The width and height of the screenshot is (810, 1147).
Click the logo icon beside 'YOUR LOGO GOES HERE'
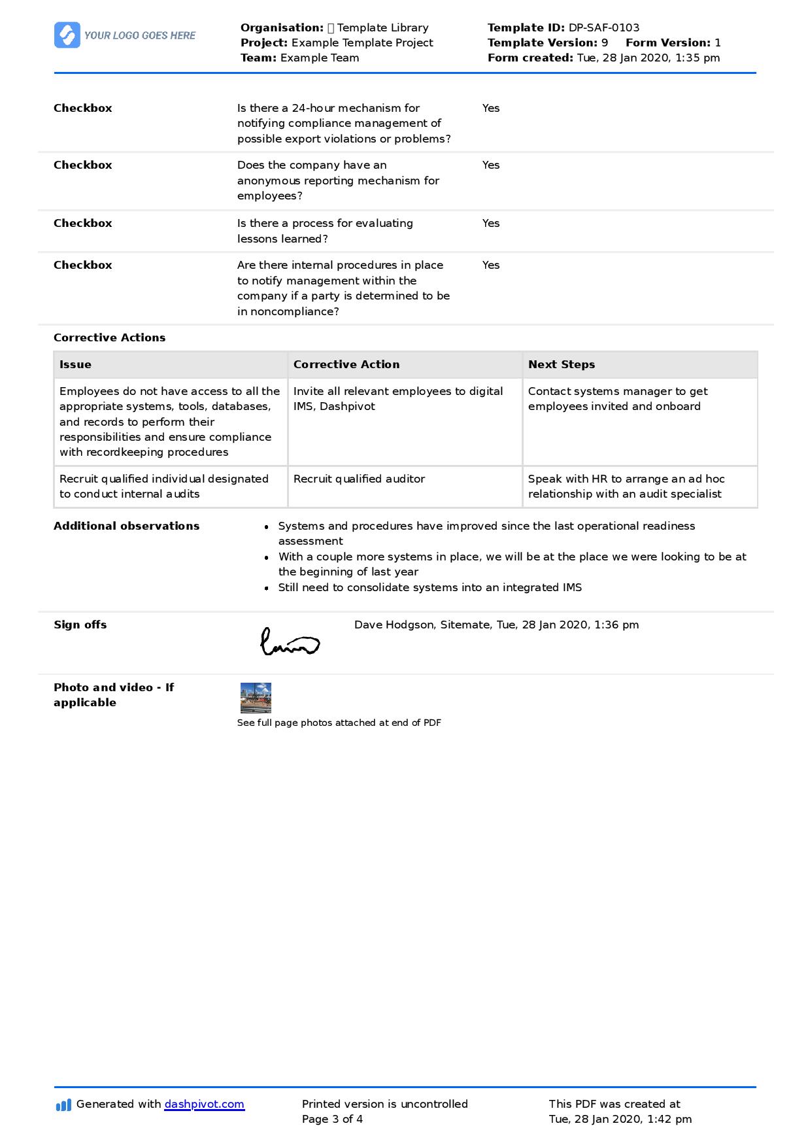67,35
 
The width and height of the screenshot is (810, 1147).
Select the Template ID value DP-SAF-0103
603,27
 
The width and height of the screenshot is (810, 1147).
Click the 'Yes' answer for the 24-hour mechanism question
491,108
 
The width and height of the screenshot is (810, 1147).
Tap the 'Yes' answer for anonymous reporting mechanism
491,165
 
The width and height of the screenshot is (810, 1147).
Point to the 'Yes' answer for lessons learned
491,223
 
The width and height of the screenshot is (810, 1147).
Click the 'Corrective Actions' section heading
109,337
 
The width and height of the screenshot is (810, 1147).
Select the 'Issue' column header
75,364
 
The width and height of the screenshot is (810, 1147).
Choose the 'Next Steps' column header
561,364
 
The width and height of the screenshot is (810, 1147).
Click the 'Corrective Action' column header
346,364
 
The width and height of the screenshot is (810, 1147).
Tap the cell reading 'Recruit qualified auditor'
359,479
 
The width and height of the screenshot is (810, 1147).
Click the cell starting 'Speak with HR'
626,487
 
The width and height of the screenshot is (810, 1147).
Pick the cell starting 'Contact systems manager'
617,399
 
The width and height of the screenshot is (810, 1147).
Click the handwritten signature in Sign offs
290,643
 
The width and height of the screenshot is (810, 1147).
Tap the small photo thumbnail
256,698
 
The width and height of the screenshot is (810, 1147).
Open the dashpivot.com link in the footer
204,1104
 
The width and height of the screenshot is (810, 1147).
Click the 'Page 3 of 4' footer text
332,1119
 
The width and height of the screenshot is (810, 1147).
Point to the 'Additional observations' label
126,526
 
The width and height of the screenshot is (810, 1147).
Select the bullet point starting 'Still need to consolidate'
430,587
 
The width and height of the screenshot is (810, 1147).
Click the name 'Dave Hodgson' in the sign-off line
394,625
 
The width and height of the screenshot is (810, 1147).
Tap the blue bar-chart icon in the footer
63,1105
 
